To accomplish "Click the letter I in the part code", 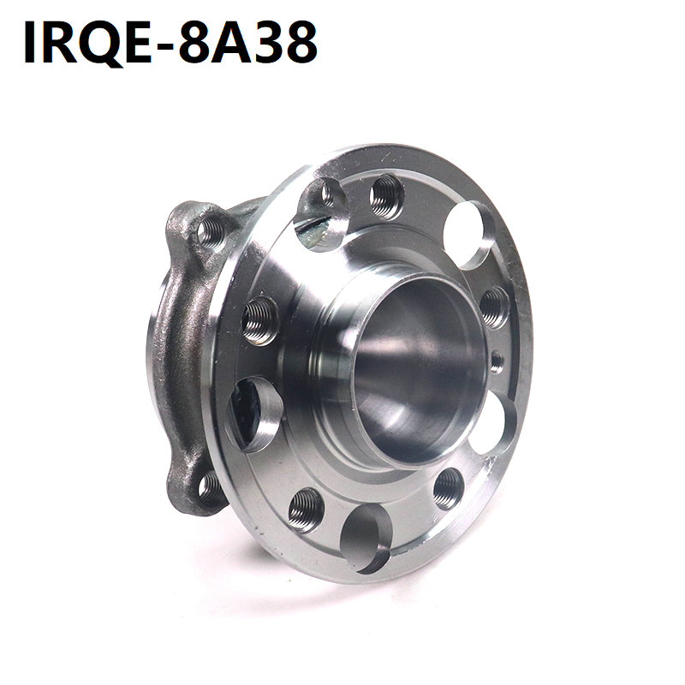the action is click(30, 43).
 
